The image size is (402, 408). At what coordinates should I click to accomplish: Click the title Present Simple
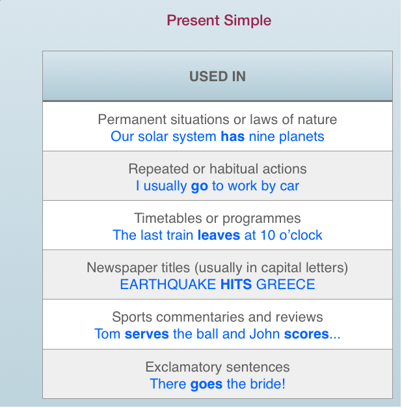[219, 21]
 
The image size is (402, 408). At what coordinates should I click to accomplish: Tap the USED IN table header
[217, 77]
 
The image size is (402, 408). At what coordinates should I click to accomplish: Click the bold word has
[233, 136]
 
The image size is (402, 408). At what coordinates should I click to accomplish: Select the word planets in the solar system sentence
[301, 137]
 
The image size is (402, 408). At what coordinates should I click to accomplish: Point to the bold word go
[199, 186]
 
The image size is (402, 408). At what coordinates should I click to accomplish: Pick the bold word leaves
[219, 235]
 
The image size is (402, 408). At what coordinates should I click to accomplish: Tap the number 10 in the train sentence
[268, 235]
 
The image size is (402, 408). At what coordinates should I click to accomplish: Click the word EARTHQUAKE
[168, 284]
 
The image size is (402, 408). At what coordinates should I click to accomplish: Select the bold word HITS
[236, 284]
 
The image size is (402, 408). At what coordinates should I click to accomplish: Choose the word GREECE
[286, 284]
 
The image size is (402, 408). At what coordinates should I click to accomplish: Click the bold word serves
[146, 334]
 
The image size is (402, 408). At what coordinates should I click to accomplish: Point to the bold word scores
[306, 334]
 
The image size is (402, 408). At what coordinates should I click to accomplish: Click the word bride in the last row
[265, 384]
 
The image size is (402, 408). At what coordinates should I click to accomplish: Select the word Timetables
[168, 218]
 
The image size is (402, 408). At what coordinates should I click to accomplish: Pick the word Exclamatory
[183, 368]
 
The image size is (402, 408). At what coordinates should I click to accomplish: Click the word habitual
[234, 169]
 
